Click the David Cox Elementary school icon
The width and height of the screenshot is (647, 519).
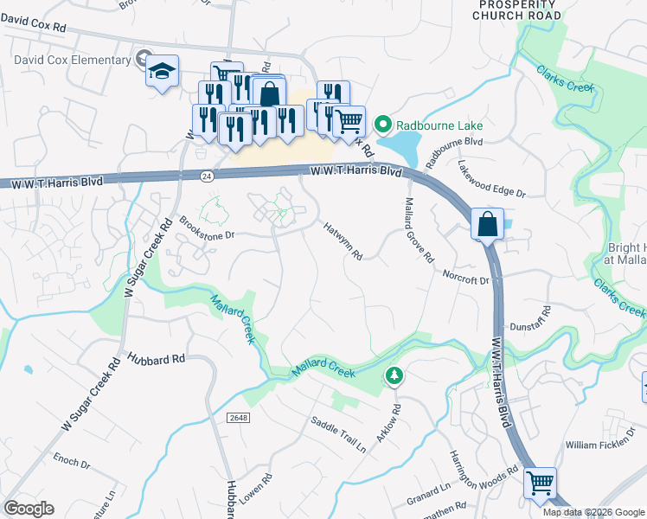pyautogui.click(x=162, y=72)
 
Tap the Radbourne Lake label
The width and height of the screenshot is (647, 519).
pyautogui.click(x=440, y=125)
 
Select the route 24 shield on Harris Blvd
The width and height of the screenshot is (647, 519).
pyautogui.click(x=206, y=175)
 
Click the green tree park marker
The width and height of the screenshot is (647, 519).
pyautogui.click(x=394, y=375)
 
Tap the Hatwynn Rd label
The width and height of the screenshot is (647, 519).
pyautogui.click(x=343, y=241)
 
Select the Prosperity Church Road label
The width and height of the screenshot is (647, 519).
pyautogui.click(x=518, y=10)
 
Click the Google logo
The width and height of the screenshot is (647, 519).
pyautogui.click(x=29, y=509)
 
